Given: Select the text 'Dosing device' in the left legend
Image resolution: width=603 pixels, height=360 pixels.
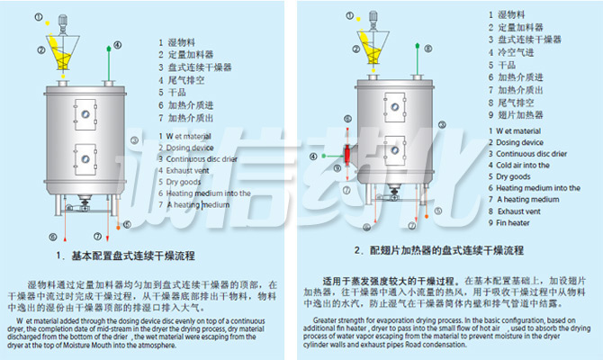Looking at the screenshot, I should [x=193, y=147].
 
